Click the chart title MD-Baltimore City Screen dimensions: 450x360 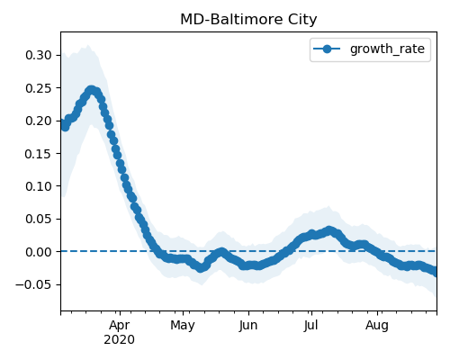248,20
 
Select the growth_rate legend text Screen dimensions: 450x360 387,49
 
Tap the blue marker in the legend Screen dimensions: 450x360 327,49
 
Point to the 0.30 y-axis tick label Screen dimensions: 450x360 39,55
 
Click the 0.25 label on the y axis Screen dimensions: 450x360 39,88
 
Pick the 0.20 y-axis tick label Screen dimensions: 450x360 39,121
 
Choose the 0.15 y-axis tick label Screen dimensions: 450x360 39,154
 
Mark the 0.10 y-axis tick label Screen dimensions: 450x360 39,186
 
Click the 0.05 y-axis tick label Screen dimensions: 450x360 39,219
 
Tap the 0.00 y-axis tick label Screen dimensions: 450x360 39,252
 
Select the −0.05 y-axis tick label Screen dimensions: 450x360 33,284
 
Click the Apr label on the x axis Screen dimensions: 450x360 120,326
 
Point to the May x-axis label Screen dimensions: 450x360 183,326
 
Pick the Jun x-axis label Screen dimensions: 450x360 248,326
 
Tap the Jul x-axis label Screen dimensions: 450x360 310,326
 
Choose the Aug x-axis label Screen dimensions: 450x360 377,326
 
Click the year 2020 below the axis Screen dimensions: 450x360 119,340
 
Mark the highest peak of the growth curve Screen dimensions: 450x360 92,90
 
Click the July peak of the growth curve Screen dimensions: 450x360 329,230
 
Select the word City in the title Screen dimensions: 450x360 302,21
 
